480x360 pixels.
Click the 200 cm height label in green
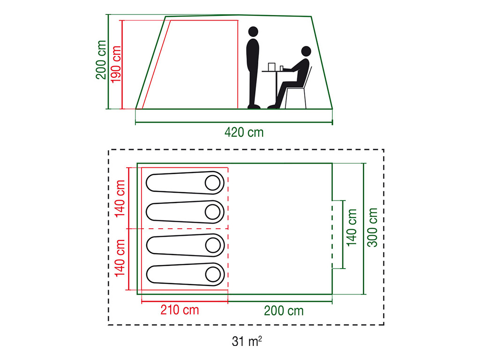(x=101, y=60)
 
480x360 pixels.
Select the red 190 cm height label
(x=116, y=64)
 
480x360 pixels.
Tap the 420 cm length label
(x=244, y=133)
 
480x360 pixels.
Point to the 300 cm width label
(x=373, y=227)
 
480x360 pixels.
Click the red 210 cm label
(x=180, y=310)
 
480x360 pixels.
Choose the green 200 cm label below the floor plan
(x=284, y=311)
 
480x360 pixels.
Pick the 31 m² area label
(x=247, y=341)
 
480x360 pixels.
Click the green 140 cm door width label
(x=352, y=227)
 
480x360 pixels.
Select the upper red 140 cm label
(x=120, y=199)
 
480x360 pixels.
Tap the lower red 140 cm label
(x=120, y=258)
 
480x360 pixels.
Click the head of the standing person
(x=253, y=31)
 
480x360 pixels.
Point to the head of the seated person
(x=306, y=51)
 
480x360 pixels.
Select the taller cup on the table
(x=271, y=67)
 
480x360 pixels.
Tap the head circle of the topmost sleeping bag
(x=212, y=183)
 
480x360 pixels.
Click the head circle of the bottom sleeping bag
(x=213, y=274)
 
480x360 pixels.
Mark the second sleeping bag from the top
(x=185, y=212)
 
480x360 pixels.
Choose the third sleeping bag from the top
(x=185, y=245)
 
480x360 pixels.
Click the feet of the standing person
(x=254, y=106)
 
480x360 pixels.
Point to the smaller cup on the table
(x=282, y=68)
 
